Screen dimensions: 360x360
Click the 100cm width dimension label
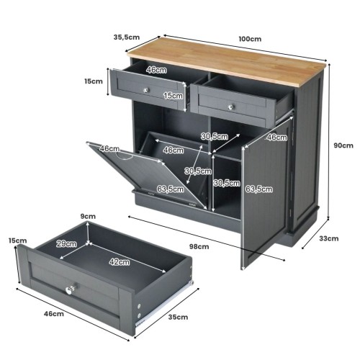(x=250, y=39)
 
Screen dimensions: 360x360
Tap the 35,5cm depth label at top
(x=127, y=37)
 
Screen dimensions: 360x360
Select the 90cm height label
(x=343, y=145)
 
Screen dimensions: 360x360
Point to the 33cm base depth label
(x=329, y=238)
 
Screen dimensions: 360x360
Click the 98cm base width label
(x=199, y=246)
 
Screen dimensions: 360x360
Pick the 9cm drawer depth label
(x=88, y=216)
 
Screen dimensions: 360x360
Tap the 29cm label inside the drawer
(x=66, y=244)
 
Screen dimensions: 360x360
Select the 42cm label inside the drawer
(x=120, y=262)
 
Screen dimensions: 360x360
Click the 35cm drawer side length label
(x=178, y=317)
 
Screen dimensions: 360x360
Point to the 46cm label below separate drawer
(x=54, y=314)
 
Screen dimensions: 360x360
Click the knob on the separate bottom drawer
(x=70, y=289)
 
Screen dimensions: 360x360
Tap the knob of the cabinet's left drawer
(x=146, y=90)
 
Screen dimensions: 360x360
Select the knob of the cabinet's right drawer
(x=231, y=107)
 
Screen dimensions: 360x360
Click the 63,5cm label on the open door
(x=258, y=189)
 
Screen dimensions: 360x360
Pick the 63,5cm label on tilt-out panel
(x=171, y=189)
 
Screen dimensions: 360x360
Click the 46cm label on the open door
(x=277, y=138)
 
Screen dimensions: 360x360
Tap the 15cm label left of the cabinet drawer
(x=94, y=81)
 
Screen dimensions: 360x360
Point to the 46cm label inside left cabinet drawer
(x=156, y=70)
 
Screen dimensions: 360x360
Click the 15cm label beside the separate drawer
(x=17, y=240)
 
